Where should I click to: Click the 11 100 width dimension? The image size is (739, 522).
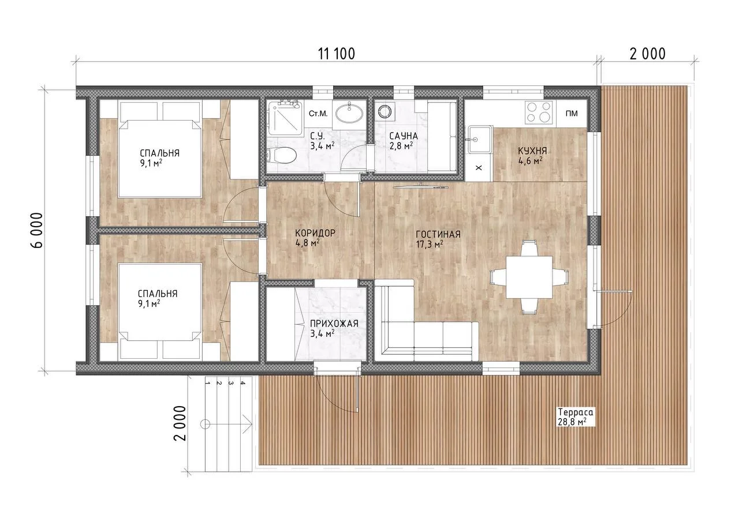[x=337, y=54]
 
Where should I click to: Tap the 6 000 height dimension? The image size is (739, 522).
[x=38, y=230]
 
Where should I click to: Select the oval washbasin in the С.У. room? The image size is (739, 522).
[x=349, y=114]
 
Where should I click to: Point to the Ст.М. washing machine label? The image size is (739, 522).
[x=318, y=114]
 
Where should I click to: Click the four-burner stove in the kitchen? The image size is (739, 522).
[x=538, y=112]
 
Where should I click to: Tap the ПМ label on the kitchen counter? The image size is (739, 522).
[x=572, y=114]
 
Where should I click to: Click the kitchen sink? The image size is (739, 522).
[x=479, y=139]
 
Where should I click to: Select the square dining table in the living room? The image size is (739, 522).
[x=529, y=277]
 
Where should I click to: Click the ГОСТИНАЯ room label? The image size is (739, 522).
[x=438, y=234]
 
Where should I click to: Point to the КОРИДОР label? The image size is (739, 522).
[x=315, y=233]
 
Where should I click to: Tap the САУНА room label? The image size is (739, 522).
[x=403, y=136]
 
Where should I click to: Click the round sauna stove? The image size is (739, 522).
[x=384, y=111]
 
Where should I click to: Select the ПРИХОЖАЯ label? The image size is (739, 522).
[x=334, y=323]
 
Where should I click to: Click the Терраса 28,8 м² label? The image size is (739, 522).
[x=576, y=417]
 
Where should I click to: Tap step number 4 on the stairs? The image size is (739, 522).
[x=243, y=383]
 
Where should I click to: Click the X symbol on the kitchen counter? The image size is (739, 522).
[x=479, y=168]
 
